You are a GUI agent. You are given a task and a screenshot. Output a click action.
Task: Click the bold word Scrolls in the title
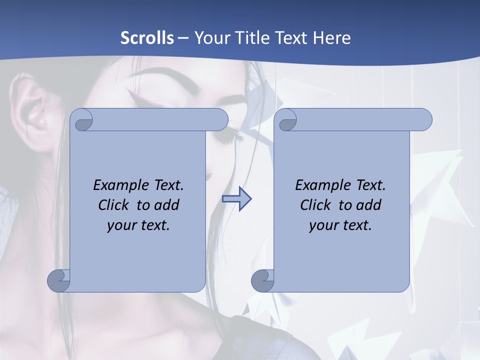pyautogui.click(x=147, y=38)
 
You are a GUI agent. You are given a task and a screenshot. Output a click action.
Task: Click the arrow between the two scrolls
pyautogui.click(x=236, y=199)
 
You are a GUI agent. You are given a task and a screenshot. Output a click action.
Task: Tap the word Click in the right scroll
pyautogui.click(x=316, y=205)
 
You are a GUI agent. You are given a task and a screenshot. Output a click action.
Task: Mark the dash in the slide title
pyautogui.click(x=183, y=38)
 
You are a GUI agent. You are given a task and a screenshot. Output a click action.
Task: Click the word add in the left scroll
pyautogui.click(x=167, y=205)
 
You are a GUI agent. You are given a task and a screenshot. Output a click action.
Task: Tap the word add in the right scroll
pyautogui.click(x=369, y=205)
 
